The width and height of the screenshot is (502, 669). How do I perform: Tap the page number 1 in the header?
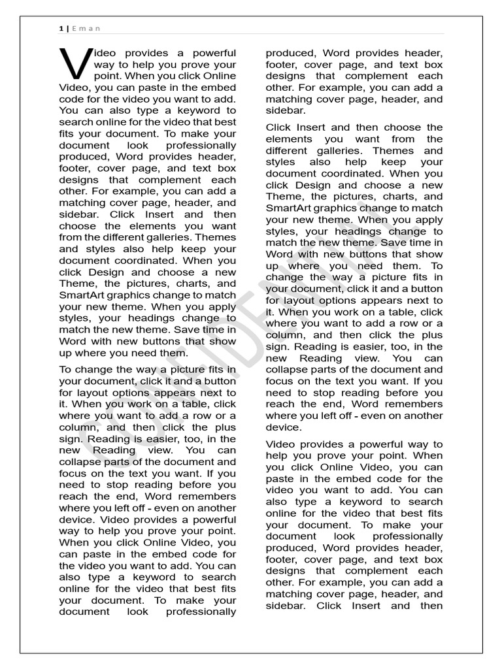pyautogui.click(x=61, y=28)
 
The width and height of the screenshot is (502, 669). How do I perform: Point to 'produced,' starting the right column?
pyautogui.click(x=290, y=53)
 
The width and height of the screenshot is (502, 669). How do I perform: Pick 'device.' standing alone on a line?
pyautogui.click(x=283, y=427)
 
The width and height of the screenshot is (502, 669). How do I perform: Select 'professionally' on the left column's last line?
pyautogui.click(x=201, y=612)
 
